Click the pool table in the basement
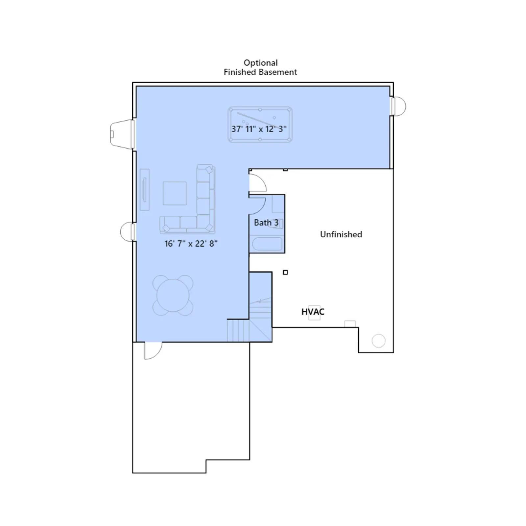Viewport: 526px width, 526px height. [x=260, y=124]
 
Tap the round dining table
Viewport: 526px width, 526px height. [x=173, y=295]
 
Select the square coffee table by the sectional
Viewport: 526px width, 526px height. [x=175, y=193]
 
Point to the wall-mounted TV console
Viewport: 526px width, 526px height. [x=145, y=189]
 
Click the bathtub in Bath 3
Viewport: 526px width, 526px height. [x=267, y=244]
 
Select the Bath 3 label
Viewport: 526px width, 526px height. [x=266, y=223]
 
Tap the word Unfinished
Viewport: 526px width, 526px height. [x=341, y=234]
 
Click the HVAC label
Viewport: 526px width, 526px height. [x=313, y=312]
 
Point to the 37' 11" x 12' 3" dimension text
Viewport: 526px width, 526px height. [x=259, y=129]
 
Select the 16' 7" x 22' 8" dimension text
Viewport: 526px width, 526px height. [x=191, y=244]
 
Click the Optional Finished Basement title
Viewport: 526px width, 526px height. [x=260, y=67]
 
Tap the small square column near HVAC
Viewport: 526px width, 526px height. [x=285, y=272]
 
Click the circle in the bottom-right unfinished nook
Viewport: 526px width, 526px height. [x=378, y=341]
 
